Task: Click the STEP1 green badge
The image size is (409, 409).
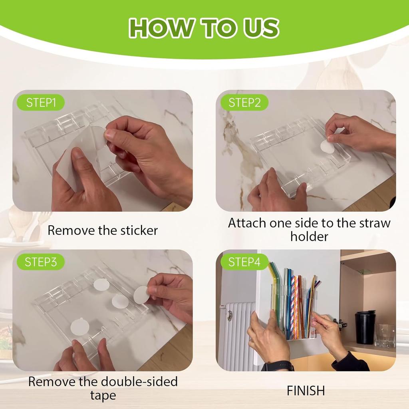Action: tap(41, 103)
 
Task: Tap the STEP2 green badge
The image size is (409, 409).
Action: tap(244, 103)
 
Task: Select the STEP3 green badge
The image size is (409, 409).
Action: tap(41, 262)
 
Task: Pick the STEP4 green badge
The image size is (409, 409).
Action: tap(244, 262)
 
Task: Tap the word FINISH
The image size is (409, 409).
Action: tap(306, 391)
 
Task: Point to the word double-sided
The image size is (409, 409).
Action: tap(139, 381)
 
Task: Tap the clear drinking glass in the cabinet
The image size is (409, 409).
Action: tap(385, 336)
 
